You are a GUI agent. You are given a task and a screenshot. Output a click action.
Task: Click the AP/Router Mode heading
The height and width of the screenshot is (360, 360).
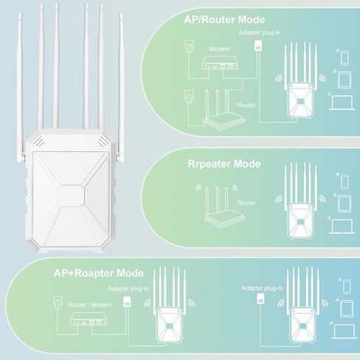(x=224, y=20)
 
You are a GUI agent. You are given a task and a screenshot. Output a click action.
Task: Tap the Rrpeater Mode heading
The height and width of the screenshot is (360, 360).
(x=224, y=164)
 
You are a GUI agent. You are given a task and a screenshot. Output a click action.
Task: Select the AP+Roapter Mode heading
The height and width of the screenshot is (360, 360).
(x=99, y=273)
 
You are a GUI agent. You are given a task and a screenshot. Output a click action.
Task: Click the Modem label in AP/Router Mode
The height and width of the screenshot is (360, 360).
(x=219, y=49)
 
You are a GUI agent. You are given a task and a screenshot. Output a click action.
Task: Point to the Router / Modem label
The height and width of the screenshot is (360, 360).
(x=90, y=305)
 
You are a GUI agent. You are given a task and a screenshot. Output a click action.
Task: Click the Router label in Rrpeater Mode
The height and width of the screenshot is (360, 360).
(x=246, y=203)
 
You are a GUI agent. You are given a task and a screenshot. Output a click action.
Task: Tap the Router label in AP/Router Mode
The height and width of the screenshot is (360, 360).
(x=246, y=105)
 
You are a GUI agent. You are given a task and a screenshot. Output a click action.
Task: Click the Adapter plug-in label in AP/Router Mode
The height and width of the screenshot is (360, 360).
(x=260, y=32)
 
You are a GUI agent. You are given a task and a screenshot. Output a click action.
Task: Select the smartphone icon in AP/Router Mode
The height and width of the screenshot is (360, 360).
(x=345, y=58)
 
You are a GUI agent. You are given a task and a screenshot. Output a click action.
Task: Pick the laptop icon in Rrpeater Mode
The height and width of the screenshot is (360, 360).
(x=342, y=226)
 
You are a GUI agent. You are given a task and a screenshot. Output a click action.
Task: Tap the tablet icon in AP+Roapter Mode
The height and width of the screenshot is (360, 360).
(x=347, y=309)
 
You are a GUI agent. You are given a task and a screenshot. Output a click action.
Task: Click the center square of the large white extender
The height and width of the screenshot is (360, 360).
(x=71, y=195)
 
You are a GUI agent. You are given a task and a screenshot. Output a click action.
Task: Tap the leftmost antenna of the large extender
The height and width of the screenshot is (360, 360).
(x=20, y=89)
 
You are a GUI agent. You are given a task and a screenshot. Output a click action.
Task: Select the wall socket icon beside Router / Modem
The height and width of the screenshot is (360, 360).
(x=58, y=302)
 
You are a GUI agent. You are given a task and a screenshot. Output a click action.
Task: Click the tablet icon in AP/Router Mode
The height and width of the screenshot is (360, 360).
(x=345, y=80)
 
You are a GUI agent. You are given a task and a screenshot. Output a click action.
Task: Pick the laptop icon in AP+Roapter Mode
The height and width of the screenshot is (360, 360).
(x=345, y=332)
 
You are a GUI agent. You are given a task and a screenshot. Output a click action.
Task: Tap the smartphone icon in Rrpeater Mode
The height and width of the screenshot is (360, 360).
(x=345, y=181)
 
